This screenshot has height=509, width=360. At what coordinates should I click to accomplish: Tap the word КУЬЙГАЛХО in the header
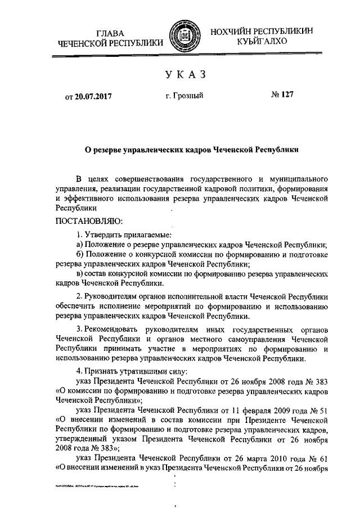[262, 41]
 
